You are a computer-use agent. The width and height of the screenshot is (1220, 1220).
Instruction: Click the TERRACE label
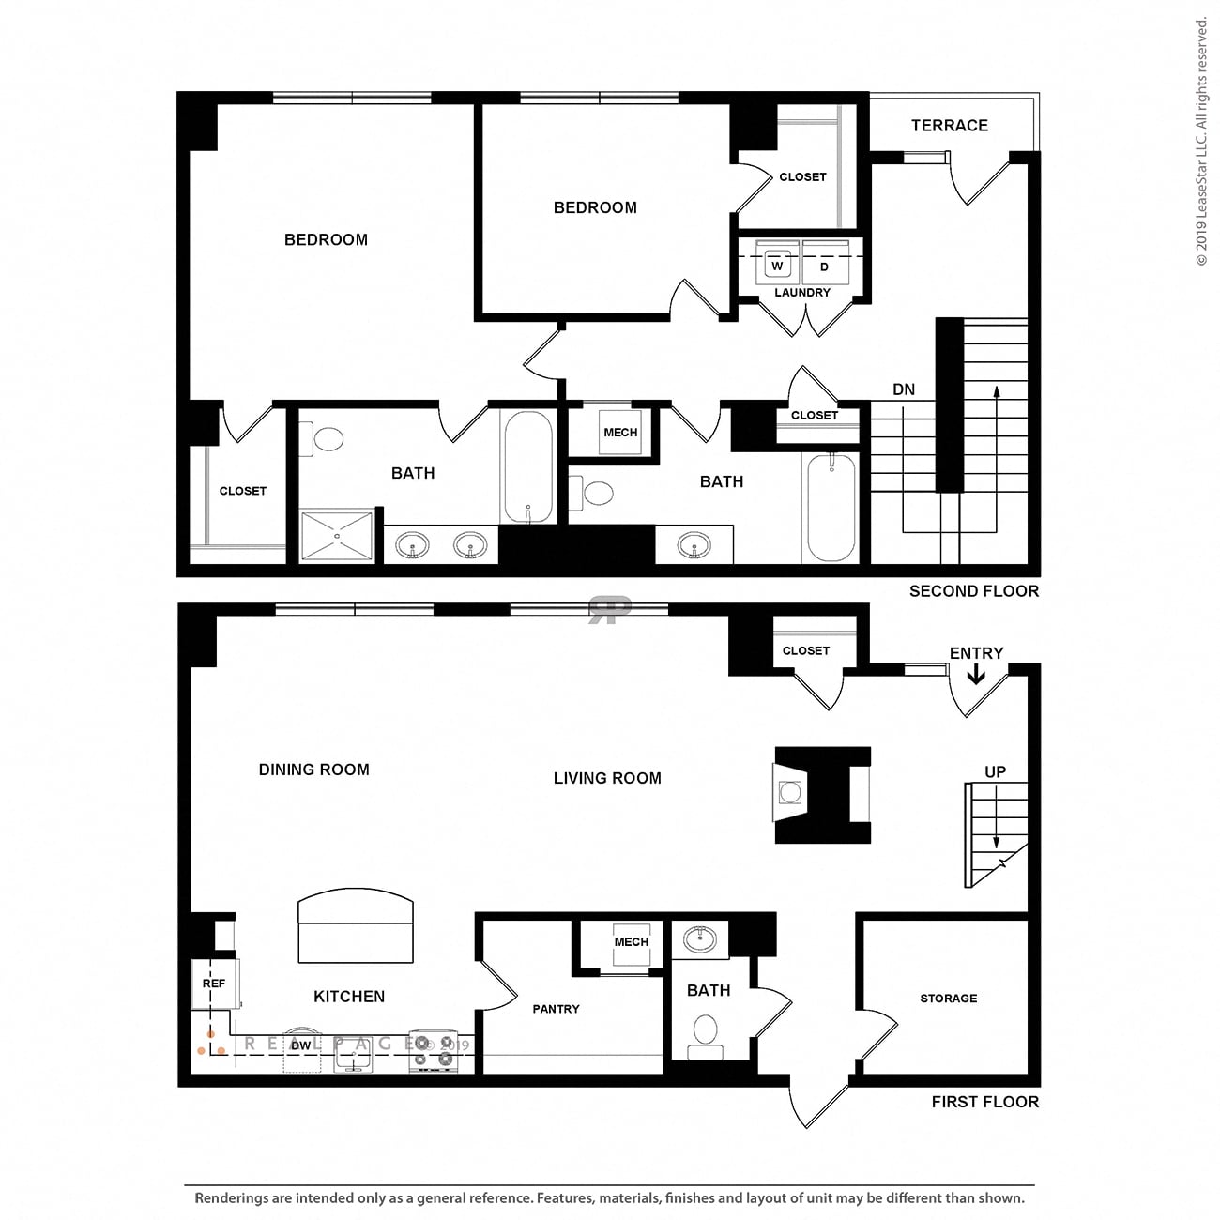[x=949, y=126]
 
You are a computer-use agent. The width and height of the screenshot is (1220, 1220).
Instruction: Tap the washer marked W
[x=777, y=264]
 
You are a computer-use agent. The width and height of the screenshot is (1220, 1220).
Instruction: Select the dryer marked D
[x=825, y=264]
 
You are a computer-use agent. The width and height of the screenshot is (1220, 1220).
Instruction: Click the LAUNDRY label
[x=801, y=293]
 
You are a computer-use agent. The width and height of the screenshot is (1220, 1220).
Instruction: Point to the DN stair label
[x=904, y=389]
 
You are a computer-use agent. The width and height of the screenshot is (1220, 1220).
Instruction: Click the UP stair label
[x=995, y=771]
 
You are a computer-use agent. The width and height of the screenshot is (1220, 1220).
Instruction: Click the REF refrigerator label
[x=213, y=984]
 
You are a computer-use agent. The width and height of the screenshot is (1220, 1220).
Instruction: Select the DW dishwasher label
[x=300, y=1045]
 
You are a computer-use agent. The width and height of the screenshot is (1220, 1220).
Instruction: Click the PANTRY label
[x=556, y=1009]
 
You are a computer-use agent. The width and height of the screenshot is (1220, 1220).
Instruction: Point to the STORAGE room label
[x=948, y=999]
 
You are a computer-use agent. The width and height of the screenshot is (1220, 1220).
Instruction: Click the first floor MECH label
[x=631, y=942]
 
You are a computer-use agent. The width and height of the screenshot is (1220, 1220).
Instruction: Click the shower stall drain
[x=337, y=536]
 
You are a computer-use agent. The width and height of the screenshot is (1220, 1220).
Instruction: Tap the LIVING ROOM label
[x=607, y=778]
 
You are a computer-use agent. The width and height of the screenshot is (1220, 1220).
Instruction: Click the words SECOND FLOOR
[x=974, y=591]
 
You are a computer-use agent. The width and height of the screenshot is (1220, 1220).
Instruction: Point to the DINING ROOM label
[x=314, y=770]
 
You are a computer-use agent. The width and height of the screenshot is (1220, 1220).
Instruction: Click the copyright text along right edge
[x=1201, y=143]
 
